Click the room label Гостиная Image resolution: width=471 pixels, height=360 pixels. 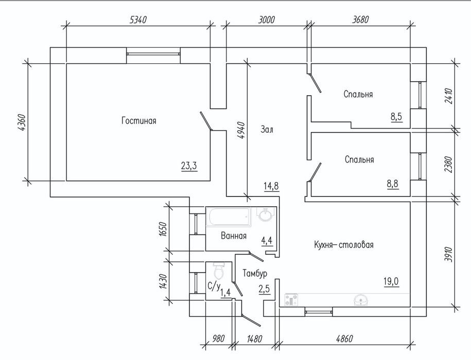[x=139, y=120]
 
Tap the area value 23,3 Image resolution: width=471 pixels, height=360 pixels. [x=189, y=166]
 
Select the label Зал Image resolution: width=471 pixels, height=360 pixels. [x=267, y=130]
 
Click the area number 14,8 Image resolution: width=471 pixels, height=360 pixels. [x=271, y=186]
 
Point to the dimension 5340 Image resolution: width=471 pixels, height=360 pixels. [x=138, y=20]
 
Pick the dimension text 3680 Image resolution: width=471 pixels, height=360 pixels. [x=360, y=20]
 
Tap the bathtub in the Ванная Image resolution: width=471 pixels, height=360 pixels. [x=228, y=217]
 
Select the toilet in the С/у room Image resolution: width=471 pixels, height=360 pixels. [x=218, y=271]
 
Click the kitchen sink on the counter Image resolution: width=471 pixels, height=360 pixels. [x=361, y=300]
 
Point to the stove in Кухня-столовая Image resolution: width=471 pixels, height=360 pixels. [x=291, y=300]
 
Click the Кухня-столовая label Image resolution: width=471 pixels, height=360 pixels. [x=344, y=244]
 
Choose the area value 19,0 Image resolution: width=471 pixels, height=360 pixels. [x=391, y=281]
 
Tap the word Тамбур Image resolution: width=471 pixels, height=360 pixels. [x=255, y=273]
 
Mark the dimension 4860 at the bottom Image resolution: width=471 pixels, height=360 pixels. [x=344, y=339]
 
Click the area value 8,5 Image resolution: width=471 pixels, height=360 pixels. [x=396, y=116]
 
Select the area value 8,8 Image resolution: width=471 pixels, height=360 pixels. [x=393, y=183]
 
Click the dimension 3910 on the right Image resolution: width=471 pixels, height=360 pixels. [x=448, y=254]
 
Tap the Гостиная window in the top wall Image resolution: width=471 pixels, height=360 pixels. [x=153, y=54]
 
